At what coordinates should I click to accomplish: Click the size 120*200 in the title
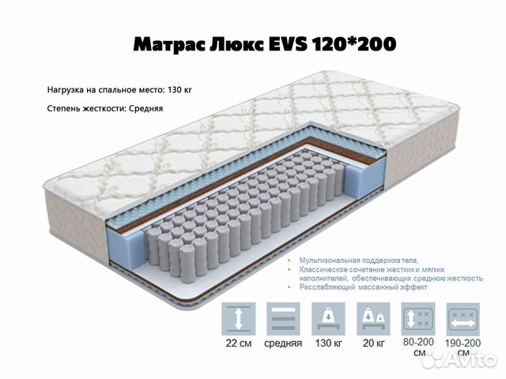[x=353, y=44]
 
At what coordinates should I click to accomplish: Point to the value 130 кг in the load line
[x=179, y=89]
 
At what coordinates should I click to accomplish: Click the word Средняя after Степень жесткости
[x=145, y=108]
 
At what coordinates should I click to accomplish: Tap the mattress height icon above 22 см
[x=239, y=319]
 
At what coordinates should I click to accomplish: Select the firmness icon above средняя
[x=283, y=319]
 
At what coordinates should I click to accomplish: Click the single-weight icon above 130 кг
[x=328, y=319]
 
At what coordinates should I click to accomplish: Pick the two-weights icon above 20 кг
[x=373, y=319]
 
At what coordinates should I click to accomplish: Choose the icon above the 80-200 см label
[x=418, y=319]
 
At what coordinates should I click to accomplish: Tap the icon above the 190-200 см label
[x=463, y=319]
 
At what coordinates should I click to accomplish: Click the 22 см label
[x=239, y=343]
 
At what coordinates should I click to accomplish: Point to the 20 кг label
[x=374, y=343]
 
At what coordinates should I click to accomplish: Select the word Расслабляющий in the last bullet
[x=327, y=287]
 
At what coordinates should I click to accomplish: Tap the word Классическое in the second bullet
[x=323, y=269]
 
